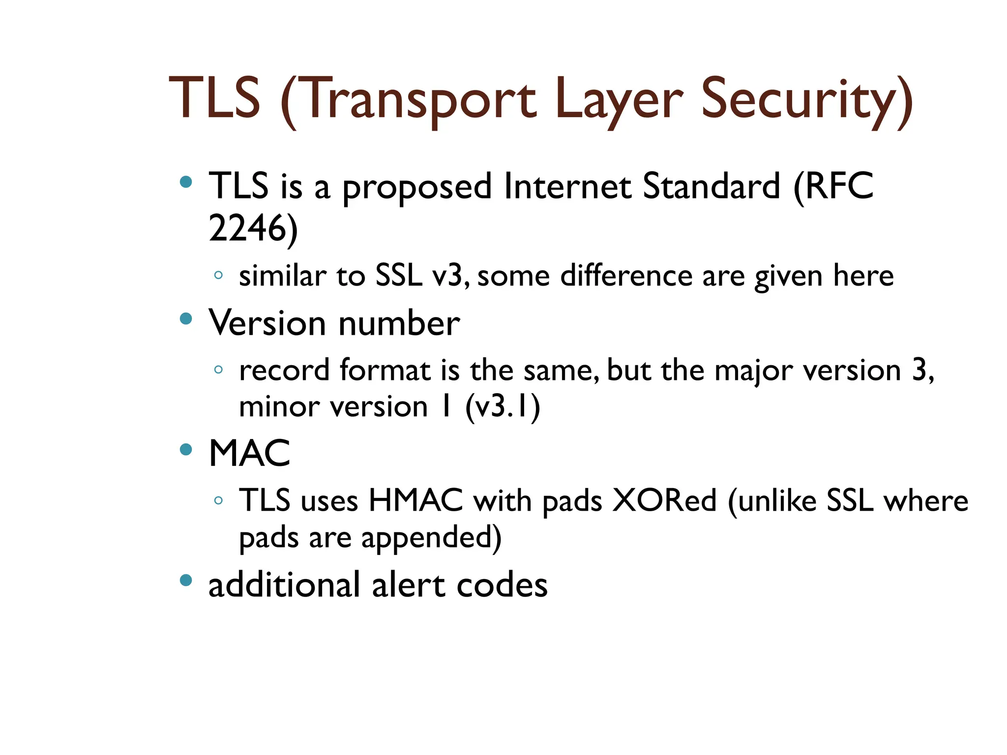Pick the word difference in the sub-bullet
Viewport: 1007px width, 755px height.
pos(626,276)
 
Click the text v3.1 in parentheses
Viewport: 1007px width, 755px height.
pos(503,407)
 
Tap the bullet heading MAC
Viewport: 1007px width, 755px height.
pos(249,453)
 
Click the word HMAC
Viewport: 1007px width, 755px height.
pos(415,501)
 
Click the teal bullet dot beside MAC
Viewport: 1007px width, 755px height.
pos(186,449)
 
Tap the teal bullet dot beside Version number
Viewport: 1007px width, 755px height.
pos(186,319)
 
